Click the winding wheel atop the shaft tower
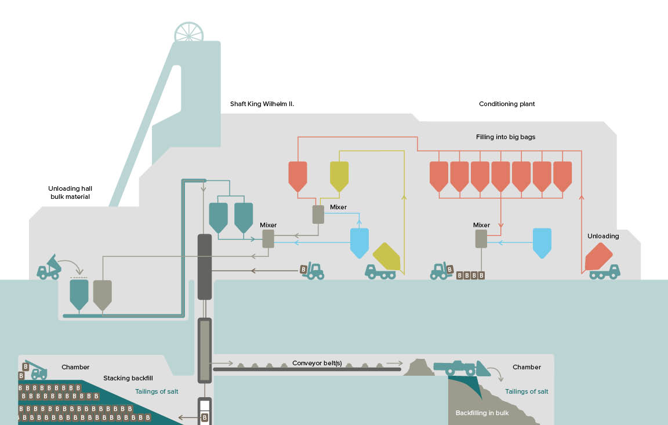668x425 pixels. [x=189, y=34]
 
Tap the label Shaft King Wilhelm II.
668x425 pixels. [x=262, y=104]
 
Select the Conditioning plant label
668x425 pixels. [x=507, y=104]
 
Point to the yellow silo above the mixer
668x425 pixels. [x=339, y=176]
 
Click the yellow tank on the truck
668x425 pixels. [x=387, y=257]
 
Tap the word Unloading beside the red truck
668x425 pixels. [x=603, y=236]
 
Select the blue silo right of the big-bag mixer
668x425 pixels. [x=542, y=242]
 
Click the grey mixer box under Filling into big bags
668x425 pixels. [x=481, y=239]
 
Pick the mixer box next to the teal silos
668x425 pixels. [x=268, y=239]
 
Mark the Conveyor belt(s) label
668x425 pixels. [x=317, y=364]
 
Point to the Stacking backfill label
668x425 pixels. [x=125, y=379]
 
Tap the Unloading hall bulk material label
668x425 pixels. [x=70, y=192]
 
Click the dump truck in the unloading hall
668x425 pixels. [x=49, y=268]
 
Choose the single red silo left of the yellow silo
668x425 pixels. [x=297, y=176]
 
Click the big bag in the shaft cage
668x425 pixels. [x=204, y=417]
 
